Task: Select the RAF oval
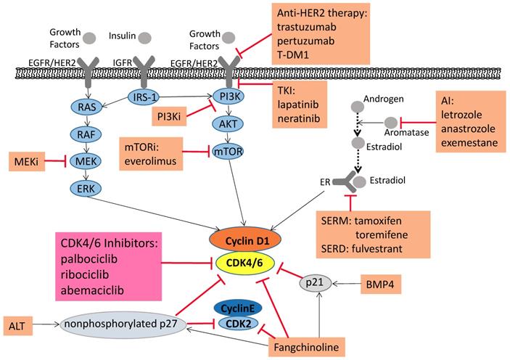tap(86, 132)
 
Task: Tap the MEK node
tap(86, 160)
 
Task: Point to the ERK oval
tap(86, 188)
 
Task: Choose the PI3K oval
tap(224, 97)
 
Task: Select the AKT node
tap(224, 124)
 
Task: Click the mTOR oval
tap(224, 152)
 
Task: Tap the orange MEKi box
tap(26, 160)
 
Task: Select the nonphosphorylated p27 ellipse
tap(129, 324)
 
